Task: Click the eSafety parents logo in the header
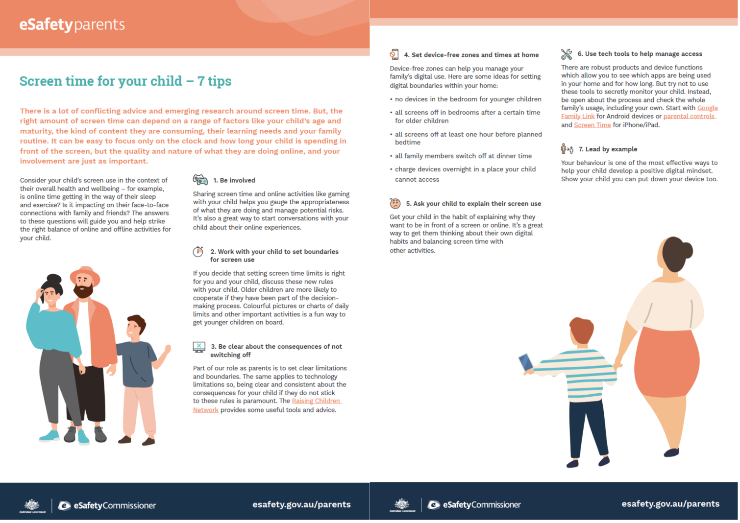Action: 72,25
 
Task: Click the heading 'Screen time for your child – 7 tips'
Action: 125,81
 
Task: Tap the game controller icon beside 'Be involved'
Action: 200,180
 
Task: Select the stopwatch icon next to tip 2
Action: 198,252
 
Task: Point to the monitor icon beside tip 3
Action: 199,347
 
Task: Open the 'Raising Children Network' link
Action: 267,405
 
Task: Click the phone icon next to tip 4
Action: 394,54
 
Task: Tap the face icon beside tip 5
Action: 395,203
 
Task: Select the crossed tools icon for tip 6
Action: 566,54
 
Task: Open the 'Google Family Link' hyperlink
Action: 639,112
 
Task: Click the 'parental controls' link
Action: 689,116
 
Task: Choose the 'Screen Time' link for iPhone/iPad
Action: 592,125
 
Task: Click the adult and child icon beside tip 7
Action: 567,149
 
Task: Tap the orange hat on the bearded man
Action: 85,274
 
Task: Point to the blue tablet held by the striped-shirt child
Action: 526,362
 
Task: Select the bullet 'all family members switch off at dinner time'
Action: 463,156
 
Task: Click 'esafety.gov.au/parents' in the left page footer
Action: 301,504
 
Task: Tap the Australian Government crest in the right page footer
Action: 402,505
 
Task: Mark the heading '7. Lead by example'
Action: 608,149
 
